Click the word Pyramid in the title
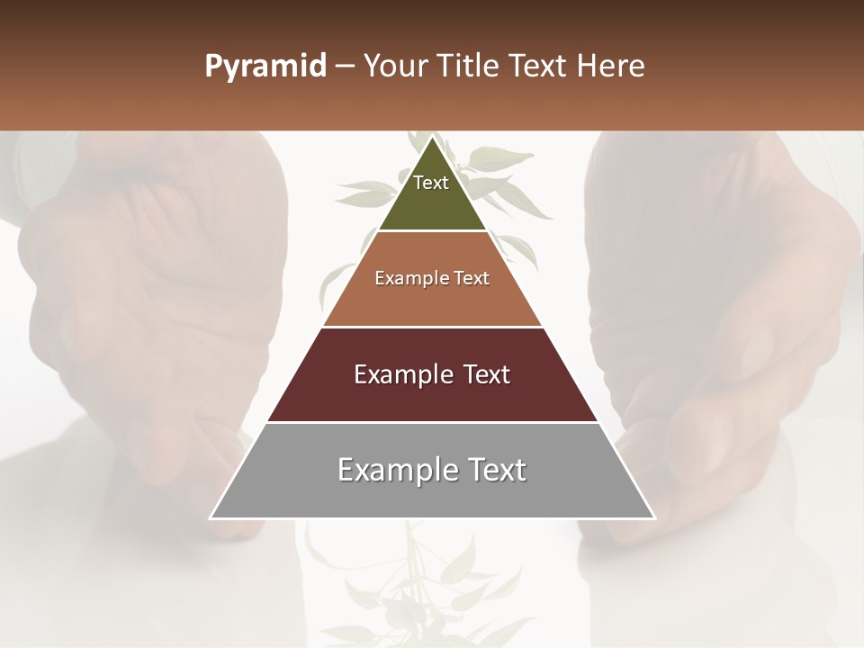[265, 67]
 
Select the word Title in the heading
[468, 67]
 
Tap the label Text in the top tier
[431, 183]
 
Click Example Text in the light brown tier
[432, 278]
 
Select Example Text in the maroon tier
[432, 374]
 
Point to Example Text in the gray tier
[432, 470]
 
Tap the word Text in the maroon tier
[481, 374]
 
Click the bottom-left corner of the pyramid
[211, 517]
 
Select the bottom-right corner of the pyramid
[653, 517]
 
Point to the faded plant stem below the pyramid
[415, 567]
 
